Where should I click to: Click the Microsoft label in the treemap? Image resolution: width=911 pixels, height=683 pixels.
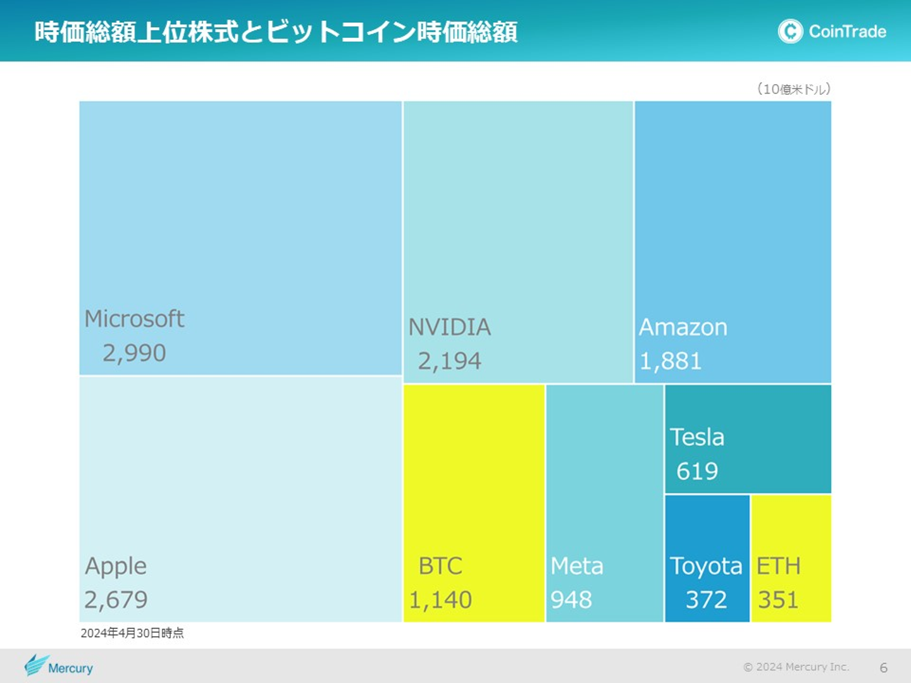point(134,319)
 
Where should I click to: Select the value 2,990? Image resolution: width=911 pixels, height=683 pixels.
point(134,353)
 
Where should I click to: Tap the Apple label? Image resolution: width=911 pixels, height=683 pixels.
point(116,566)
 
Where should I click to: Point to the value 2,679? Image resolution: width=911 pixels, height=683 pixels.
point(116,600)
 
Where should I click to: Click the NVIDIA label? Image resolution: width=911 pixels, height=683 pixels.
point(449,327)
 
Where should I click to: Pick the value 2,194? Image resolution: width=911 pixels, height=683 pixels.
point(449,361)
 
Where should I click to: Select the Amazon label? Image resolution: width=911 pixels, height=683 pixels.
point(683,327)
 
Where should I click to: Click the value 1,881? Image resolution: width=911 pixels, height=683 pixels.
point(671,361)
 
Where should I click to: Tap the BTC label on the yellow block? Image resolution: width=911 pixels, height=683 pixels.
point(440,566)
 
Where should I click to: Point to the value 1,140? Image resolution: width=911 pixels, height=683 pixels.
point(440,600)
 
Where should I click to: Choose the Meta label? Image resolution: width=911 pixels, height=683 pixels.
point(576,566)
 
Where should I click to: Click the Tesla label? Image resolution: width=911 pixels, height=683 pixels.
point(697,437)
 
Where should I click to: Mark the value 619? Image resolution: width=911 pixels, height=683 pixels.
point(697,471)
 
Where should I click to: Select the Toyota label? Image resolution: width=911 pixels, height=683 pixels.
point(705,566)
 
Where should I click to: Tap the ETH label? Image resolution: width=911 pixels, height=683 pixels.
point(778,566)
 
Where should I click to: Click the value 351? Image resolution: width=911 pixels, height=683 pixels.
point(778,600)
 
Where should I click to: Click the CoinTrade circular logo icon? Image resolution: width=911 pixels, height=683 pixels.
point(790,31)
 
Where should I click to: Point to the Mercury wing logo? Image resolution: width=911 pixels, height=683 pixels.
point(36,665)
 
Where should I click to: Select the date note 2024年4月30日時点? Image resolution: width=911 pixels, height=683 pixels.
point(132,633)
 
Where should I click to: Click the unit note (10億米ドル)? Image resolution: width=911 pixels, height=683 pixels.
point(794,89)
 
